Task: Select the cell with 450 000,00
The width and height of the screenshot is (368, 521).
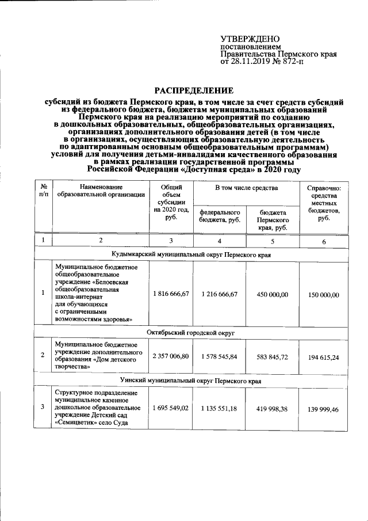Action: pyautogui.click(x=272, y=294)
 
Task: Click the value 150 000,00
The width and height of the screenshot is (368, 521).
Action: pyautogui.click(x=323, y=295)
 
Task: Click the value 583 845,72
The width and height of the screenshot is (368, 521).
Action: pyautogui.click(x=272, y=357)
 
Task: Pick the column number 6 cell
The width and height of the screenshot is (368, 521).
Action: pyautogui.click(x=323, y=241)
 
